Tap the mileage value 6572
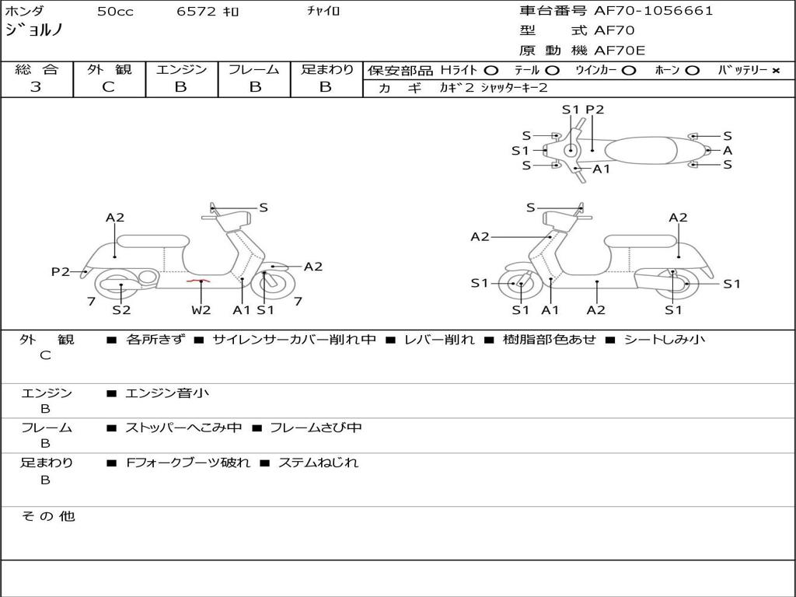(x=195, y=12)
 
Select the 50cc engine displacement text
(x=114, y=12)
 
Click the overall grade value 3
(x=36, y=87)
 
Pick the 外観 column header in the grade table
(x=109, y=70)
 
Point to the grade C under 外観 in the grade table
(x=109, y=87)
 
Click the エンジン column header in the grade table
(x=181, y=70)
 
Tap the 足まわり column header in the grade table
(x=326, y=70)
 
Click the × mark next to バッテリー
(x=775, y=71)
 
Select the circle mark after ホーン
(x=693, y=71)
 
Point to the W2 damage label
(x=201, y=310)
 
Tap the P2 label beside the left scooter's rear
(x=61, y=271)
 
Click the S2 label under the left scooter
(x=121, y=310)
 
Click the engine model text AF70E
(x=620, y=51)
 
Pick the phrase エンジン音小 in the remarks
(x=167, y=393)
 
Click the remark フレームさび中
(x=316, y=428)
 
